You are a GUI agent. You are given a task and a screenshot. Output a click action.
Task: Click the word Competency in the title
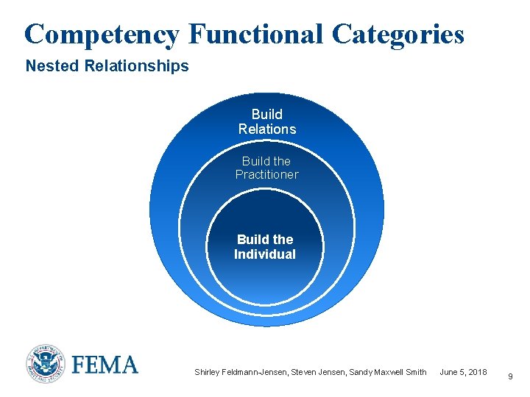point(102,34)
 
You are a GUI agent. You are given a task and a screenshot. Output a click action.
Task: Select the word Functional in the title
point(255,34)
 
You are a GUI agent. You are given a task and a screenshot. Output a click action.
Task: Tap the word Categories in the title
point(398,34)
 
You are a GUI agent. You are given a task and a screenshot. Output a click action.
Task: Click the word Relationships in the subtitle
point(137,66)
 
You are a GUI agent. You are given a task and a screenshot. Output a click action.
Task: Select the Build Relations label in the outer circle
point(266,121)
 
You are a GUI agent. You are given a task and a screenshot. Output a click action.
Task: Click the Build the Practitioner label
point(266,168)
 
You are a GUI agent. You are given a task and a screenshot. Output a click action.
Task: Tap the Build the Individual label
point(265,247)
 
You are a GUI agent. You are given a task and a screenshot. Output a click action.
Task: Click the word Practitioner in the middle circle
point(266,174)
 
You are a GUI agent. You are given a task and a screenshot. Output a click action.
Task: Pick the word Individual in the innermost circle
point(265,254)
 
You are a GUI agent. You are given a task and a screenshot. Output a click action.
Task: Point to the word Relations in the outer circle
point(266,129)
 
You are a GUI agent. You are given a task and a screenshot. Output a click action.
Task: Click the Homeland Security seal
point(46,364)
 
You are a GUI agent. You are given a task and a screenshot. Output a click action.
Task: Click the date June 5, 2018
point(463,372)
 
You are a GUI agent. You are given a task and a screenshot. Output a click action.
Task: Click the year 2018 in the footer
point(476,372)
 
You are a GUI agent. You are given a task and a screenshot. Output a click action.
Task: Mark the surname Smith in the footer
point(415,372)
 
